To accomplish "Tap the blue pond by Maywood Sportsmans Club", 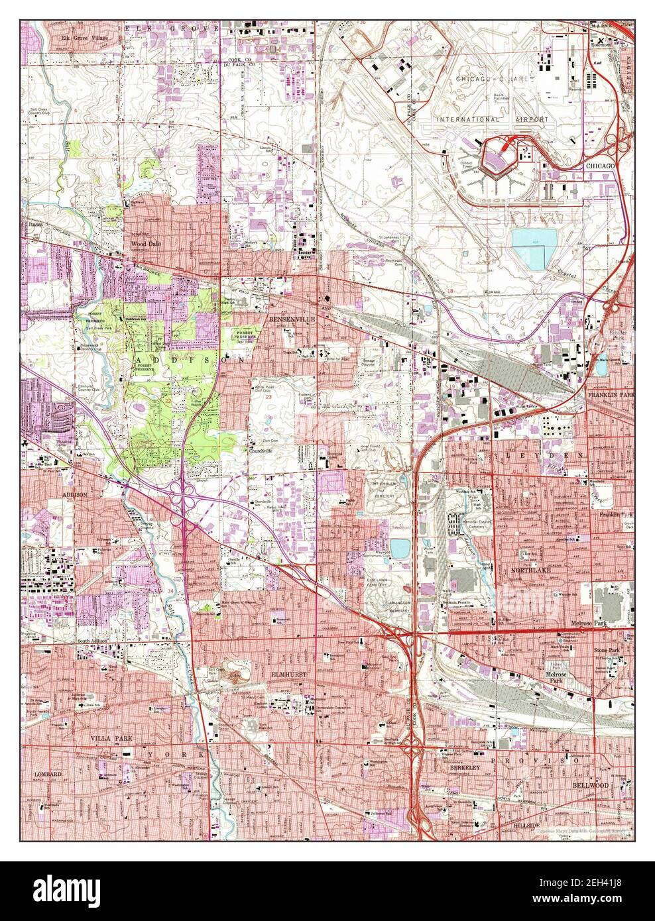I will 400,547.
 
